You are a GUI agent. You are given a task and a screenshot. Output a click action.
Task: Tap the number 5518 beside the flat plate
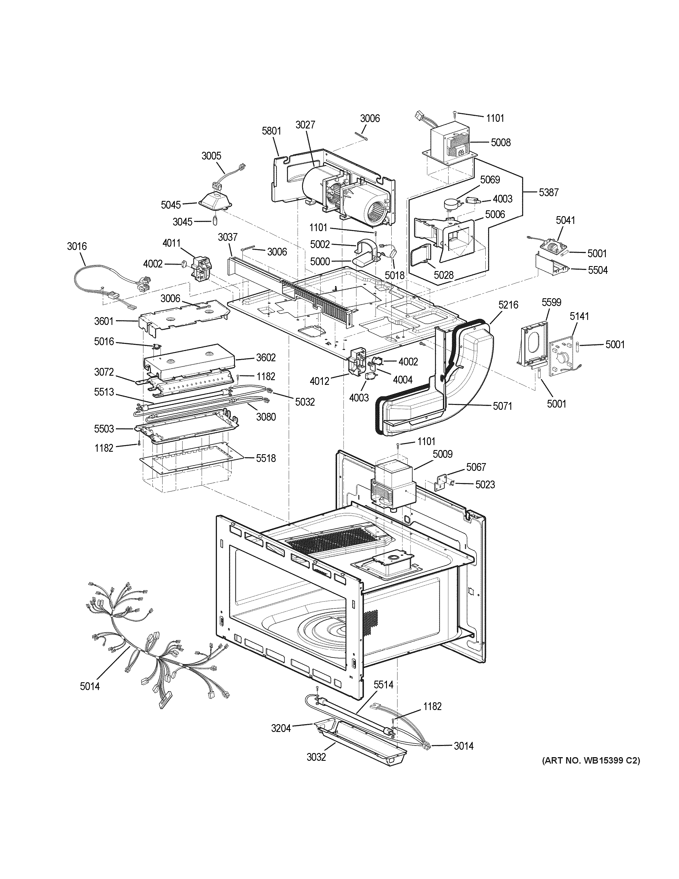click(266, 458)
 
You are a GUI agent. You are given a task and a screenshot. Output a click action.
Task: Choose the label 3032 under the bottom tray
click(316, 757)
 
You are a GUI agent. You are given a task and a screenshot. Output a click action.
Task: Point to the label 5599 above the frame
click(551, 302)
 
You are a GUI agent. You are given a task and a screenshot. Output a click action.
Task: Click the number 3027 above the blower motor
click(306, 125)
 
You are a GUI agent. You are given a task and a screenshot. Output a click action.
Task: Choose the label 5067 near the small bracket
click(476, 467)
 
